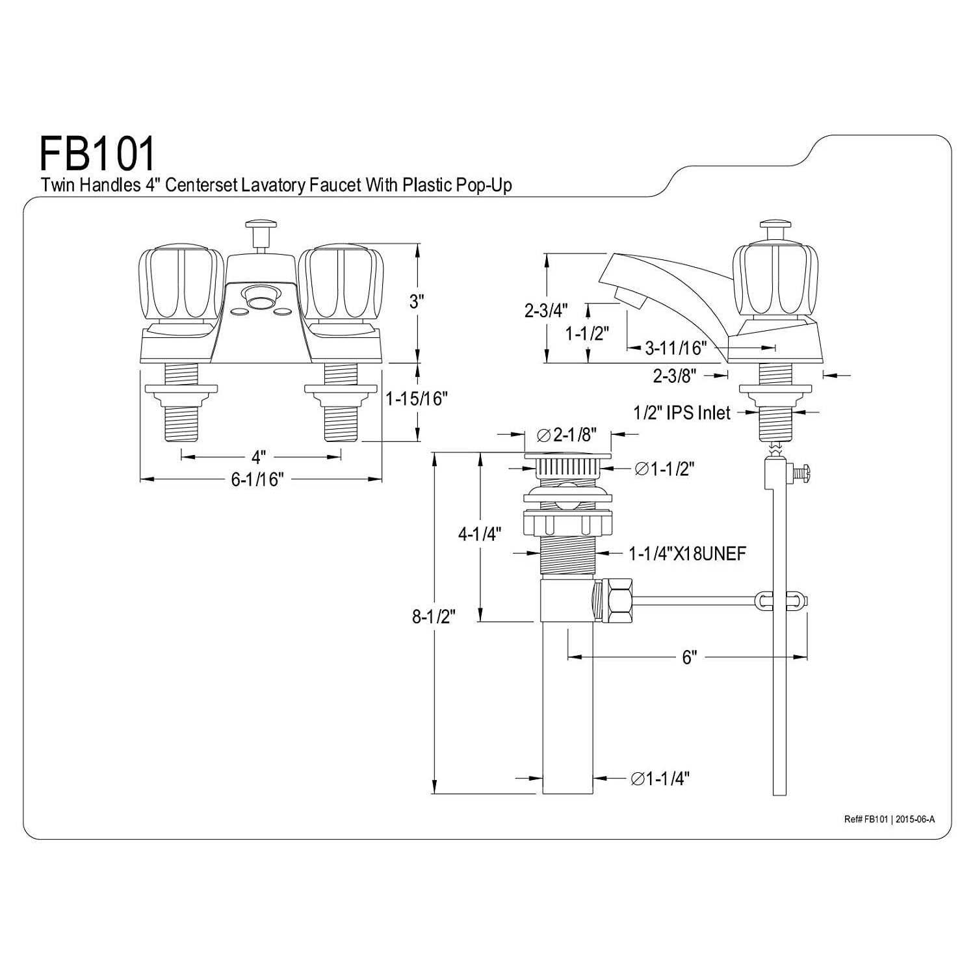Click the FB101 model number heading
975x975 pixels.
pos(98,153)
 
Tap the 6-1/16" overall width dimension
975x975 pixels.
pos(258,480)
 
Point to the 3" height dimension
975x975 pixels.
pos(417,302)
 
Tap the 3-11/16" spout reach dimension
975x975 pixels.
pos(675,348)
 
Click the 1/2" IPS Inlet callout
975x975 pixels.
pos(682,413)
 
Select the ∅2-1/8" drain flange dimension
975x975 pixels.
pos(567,435)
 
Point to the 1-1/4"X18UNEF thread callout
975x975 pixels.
pos(688,553)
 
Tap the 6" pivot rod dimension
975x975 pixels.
pos(690,657)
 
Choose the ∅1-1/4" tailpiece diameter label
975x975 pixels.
pos(660,778)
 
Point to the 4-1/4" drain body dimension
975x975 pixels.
pos(480,534)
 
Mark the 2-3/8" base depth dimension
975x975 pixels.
pos(675,375)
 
